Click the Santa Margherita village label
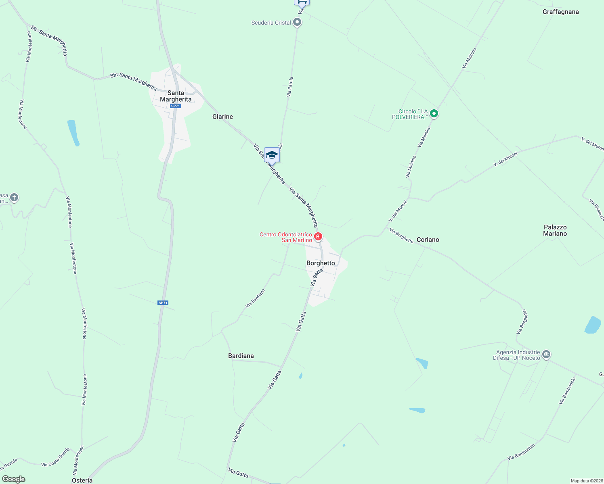(176, 96)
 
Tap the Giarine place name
(222, 117)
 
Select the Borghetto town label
(321, 263)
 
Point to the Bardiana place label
(241, 356)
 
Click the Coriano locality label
(428, 240)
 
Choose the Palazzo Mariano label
(555, 230)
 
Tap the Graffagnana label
(560, 12)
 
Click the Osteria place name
(82, 480)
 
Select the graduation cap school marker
(272, 155)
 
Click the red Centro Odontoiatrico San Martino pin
(318, 236)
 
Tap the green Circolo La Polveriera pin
(434, 114)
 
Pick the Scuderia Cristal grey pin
(297, 22)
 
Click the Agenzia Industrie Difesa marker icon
(546, 355)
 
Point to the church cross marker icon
(14, 198)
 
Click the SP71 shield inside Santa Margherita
(175, 106)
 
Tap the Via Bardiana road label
(255, 298)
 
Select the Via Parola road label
(290, 87)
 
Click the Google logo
(13, 479)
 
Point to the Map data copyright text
(585, 481)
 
